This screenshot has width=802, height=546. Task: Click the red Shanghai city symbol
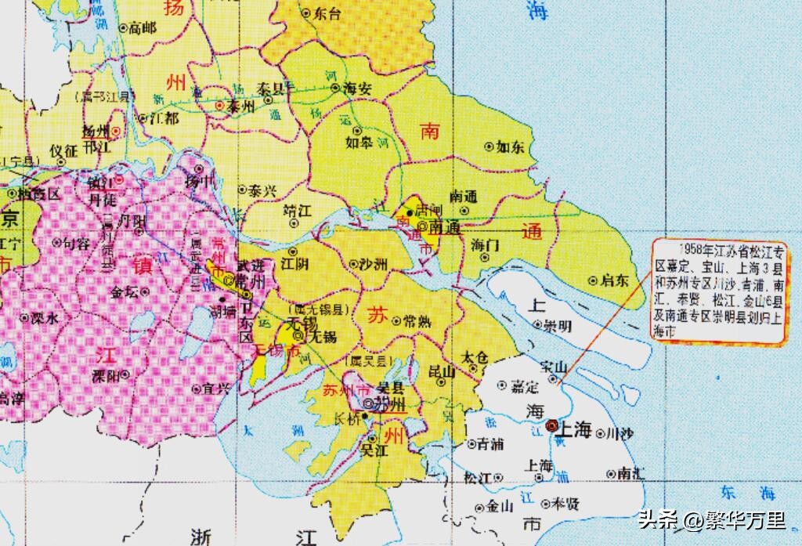coord(552,425)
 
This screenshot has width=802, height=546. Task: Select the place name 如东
coord(515,146)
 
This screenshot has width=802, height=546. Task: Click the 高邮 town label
coord(143,27)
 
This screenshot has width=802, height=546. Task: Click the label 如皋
coord(359,143)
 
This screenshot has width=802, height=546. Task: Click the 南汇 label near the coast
coord(631,473)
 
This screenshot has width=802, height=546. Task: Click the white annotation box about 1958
coord(721,291)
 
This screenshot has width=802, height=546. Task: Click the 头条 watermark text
coord(657,519)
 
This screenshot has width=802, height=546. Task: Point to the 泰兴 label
coord(262,190)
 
